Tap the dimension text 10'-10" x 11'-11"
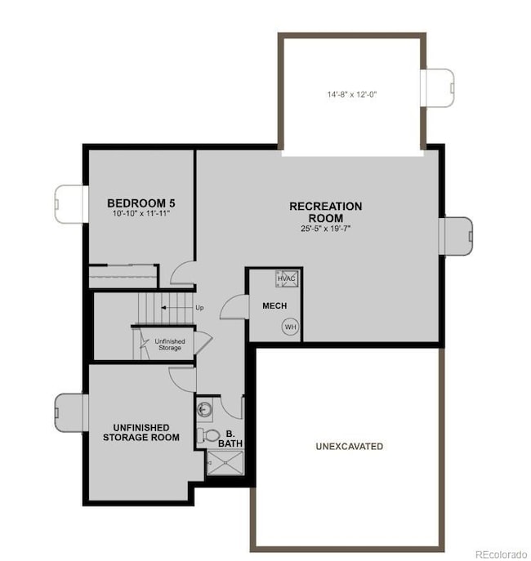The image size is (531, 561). pyautogui.click(x=141, y=213)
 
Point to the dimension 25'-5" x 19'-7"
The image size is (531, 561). pyautogui.click(x=325, y=229)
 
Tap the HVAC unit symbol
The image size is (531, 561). pyautogui.click(x=287, y=279)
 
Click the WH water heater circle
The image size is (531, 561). pyautogui.click(x=289, y=327)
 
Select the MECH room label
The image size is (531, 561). pyautogui.click(x=274, y=306)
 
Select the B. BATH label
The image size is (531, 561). pyautogui.click(x=230, y=439)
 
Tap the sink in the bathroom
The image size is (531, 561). pyautogui.click(x=204, y=407)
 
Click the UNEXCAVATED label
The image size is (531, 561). pyautogui.click(x=349, y=447)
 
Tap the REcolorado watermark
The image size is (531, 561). pyautogui.click(x=501, y=554)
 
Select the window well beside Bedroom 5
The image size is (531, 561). pyautogui.click(x=69, y=202)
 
